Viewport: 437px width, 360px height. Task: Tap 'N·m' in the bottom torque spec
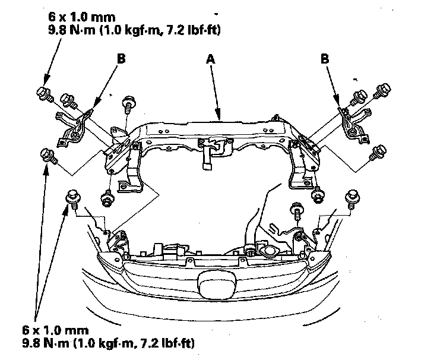(x=66, y=343)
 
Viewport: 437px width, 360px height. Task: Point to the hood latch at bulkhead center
(x=211, y=146)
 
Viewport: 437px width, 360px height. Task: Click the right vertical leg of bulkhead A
(x=300, y=166)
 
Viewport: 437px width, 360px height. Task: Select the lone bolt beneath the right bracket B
(x=375, y=153)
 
